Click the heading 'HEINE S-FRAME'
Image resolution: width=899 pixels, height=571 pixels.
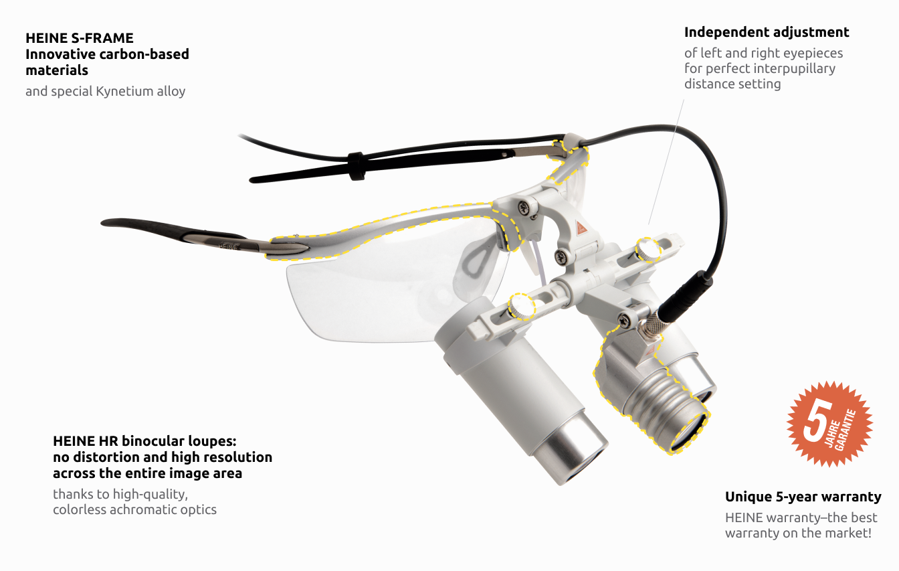pos(80,38)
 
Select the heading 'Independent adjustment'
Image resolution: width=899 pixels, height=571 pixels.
pos(767,32)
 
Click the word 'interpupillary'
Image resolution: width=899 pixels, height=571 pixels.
pos(795,68)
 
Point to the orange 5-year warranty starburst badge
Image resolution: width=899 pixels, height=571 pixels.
pos(829,423)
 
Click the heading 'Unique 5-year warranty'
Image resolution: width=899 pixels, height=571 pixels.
pos(803,497)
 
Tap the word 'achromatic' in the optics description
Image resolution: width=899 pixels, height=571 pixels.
pos(148,509)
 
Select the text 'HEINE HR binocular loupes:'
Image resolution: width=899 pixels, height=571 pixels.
pos(145,441)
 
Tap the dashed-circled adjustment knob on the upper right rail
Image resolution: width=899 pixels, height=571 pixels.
pos(648,250)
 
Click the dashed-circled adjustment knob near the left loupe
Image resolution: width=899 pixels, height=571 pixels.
pos(521,306)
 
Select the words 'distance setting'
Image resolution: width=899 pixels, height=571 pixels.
pos(732,84)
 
